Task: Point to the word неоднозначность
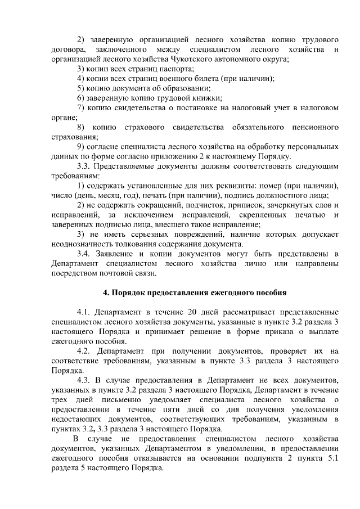[x=82, y=244]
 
